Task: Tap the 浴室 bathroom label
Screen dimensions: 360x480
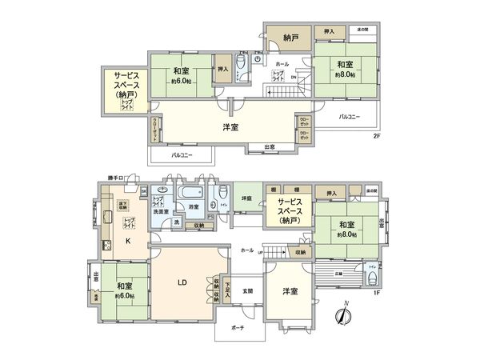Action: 193,206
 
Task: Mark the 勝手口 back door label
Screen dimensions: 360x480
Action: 118,178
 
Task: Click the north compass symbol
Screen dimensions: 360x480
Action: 343,315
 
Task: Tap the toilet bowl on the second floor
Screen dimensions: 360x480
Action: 241,64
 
